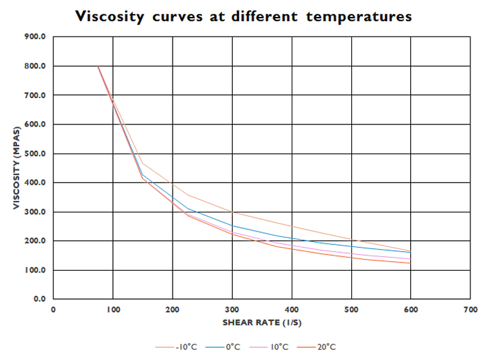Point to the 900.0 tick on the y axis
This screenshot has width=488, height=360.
coord(35,37)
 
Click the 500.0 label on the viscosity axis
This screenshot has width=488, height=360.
coord(35,154)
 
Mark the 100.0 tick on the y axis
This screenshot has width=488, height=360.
coord(35,270)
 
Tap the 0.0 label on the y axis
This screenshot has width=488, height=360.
coord(37,299)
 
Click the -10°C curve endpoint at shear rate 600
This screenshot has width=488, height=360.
coord(411,250)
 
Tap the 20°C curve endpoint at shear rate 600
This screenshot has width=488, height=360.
coord(411,263)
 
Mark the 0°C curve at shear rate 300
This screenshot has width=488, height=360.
coord(232,225)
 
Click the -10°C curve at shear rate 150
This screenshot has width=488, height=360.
coord(143,163)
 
